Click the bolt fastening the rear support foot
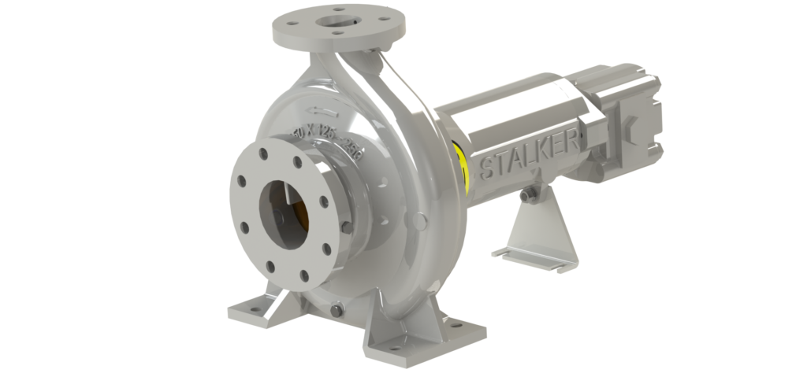pos(534,191)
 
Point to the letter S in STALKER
pos(485,168)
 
